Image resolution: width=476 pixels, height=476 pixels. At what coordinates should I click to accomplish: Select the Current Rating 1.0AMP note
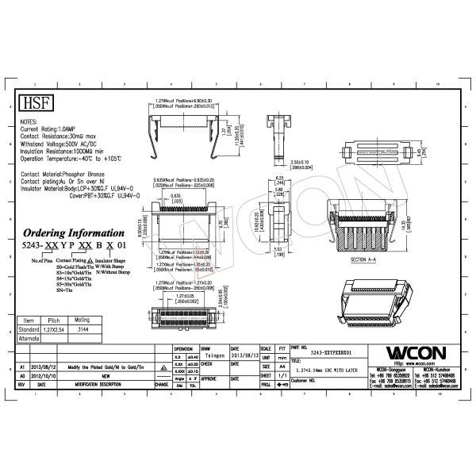pos(52,128)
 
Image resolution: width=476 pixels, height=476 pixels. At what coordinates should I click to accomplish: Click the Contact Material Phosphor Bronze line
pos(71,173)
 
